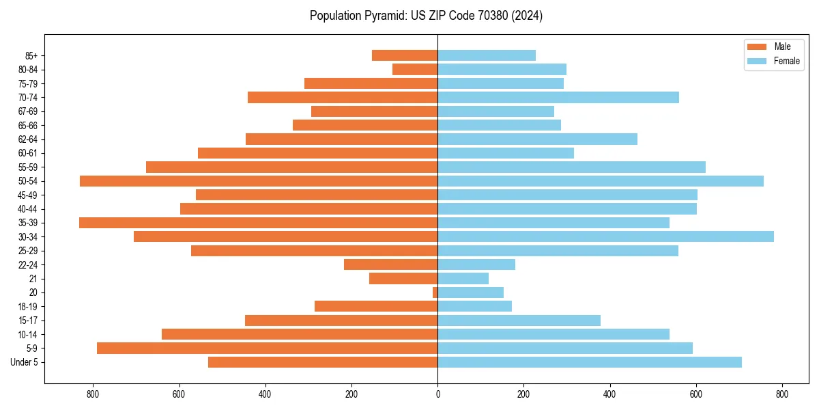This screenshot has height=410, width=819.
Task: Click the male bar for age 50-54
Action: [259, 181]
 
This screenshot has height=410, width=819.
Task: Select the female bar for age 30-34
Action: [605, 236]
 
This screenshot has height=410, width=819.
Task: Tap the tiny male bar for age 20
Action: [435, 292]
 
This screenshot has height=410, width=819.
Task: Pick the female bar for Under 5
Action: [590, 362]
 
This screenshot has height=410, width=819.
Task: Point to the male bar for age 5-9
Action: [267, 348]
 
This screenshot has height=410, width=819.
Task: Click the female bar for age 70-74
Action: [558, 97]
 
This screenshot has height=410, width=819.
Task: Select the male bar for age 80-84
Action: [415, 69]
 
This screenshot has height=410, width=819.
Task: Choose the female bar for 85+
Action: [487, 55]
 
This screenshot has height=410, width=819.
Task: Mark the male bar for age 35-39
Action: [258, 223]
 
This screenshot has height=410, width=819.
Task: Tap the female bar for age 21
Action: [463, 278]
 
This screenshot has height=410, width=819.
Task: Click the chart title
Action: [426, 16]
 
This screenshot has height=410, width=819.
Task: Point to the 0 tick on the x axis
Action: [437, 394]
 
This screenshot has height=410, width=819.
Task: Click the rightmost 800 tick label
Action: [782, 394]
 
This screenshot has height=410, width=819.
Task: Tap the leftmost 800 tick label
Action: [93, 394]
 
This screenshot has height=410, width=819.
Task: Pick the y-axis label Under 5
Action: [25, 362]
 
